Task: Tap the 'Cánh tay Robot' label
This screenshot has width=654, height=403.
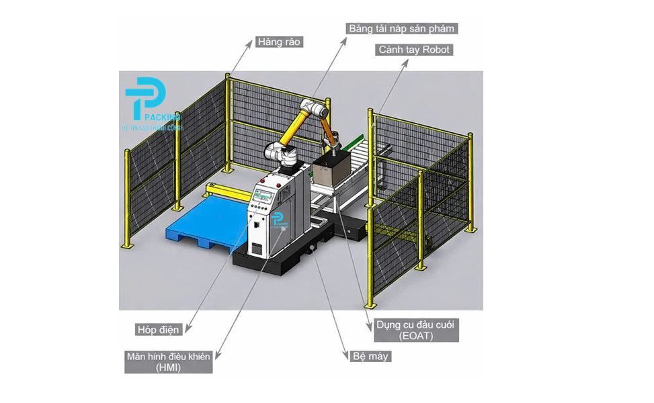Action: tap(414, 50)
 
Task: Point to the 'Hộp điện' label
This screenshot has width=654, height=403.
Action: tap(158, 329)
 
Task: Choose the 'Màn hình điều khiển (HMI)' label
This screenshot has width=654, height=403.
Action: tap(169, 362)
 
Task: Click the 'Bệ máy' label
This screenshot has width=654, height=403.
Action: tap(370, 356)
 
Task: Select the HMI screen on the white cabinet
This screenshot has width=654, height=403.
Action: tap(264, 197)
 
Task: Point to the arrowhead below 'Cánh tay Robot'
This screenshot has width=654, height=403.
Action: tap(407, 62)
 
